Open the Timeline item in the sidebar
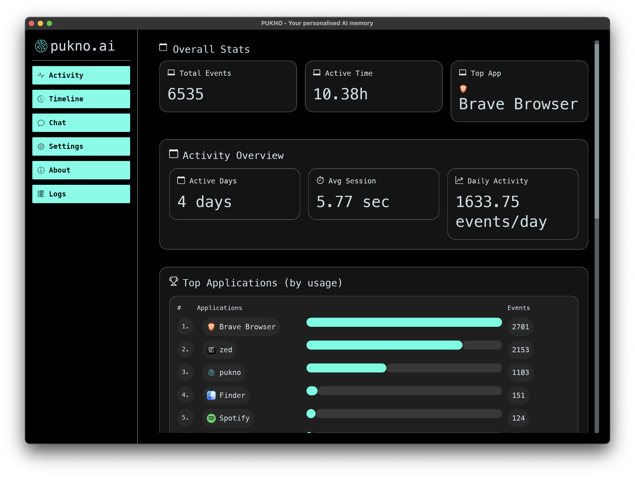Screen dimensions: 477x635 81,99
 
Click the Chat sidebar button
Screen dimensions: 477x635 81,123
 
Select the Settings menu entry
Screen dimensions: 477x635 81,146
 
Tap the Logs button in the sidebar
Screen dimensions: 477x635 81,194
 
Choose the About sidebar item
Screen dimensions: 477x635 81,170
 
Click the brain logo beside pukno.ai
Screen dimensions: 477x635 41,46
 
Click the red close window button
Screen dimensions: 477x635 32,23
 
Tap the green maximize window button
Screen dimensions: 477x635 49,23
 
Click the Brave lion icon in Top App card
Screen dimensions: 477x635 463,89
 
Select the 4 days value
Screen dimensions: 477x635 204,202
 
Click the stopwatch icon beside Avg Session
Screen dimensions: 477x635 320,181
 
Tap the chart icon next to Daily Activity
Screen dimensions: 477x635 459,181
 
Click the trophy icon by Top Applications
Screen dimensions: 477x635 173,281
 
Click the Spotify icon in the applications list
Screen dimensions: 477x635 211,418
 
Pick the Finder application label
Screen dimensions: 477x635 232,395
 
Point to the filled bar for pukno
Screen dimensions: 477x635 346,368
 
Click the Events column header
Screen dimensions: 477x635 519,308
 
